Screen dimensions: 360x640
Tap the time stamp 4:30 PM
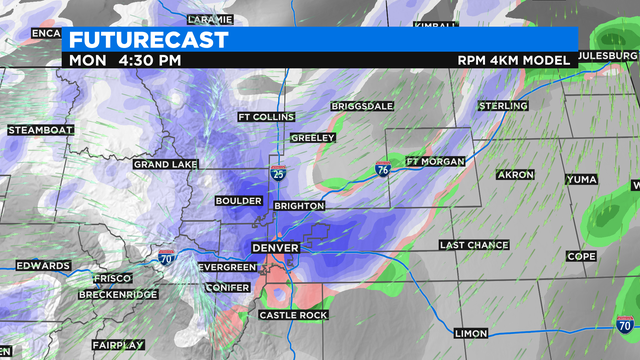click(150, 60)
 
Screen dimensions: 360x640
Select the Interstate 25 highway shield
click(277, 173)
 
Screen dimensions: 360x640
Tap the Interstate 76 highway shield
click(383, 170)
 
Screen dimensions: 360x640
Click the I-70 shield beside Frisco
click(164, 258)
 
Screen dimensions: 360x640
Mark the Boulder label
click(239, 200)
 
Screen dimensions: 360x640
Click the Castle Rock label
click(293, 315)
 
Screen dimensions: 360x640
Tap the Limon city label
click(470, 333)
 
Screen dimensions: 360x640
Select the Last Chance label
click(475, 245)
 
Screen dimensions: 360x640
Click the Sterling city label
click(503, 106)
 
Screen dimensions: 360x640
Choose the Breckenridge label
click(119, 295)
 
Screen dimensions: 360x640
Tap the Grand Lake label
click(166, 164)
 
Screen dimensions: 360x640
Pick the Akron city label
click(516, 175)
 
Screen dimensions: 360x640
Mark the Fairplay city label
click(118, 345)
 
